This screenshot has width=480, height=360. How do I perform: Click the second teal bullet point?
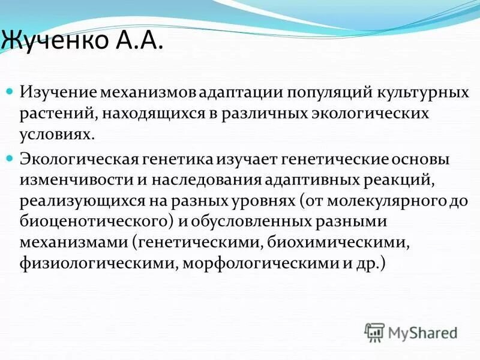(x=10, y=158)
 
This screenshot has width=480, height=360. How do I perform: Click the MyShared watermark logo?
(x=412, y=332)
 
